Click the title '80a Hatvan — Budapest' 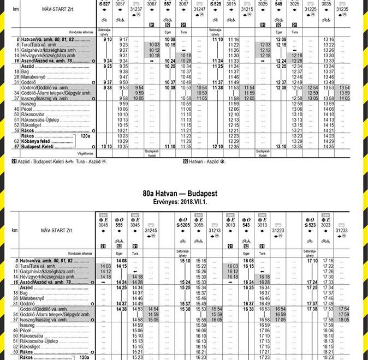(180, 194)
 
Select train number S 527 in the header (104, 3)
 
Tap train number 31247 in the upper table (200, 9)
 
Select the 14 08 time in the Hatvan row (121, 261)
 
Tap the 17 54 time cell (344, 309)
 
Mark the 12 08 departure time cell (281, 40)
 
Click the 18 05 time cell (344, 320)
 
